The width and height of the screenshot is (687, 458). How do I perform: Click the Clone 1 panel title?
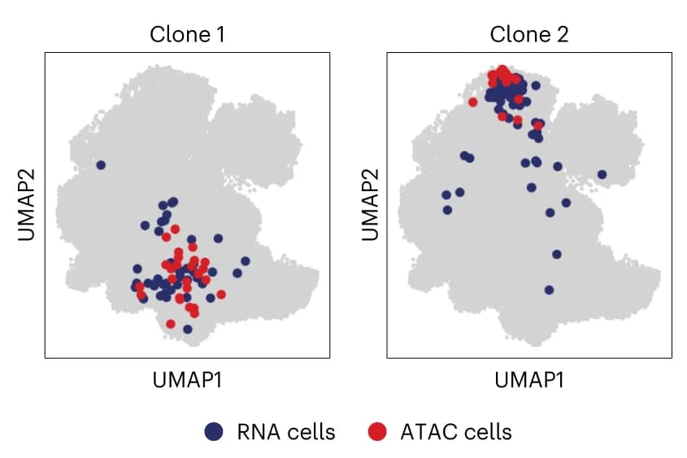(187, 34)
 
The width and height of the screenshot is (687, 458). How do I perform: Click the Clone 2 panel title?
(529, 34)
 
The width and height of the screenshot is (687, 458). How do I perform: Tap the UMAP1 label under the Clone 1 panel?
(187, 380)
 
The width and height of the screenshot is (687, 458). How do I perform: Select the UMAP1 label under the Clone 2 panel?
(529, 380)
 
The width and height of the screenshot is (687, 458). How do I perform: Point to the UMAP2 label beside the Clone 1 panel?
(26, 205)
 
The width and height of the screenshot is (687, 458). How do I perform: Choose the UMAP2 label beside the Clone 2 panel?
(370, 205)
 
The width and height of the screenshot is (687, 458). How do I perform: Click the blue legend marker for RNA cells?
(214, 431)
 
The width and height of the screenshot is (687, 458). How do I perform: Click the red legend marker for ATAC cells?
(377, 431)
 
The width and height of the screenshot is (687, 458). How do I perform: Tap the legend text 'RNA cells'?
(286, 432)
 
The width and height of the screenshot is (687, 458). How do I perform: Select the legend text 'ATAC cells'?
(456, 432)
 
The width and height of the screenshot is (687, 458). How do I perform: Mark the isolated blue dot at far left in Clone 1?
(101, 165)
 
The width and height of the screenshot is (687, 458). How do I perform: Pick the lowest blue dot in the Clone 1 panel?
(188, 329)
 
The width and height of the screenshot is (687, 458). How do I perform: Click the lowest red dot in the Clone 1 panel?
(171, 325)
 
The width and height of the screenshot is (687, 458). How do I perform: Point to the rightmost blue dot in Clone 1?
(246, 261)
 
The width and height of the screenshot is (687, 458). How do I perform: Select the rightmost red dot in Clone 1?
(221, 294)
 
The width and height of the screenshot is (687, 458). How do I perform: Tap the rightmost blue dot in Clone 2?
(602, 174)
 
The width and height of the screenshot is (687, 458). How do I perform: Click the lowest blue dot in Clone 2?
(549, 290)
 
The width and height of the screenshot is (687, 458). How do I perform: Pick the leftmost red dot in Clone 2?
(472, 103)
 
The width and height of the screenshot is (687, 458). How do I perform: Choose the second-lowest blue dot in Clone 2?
(556, 254)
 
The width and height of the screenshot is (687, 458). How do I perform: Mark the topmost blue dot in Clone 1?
(173, 202)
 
